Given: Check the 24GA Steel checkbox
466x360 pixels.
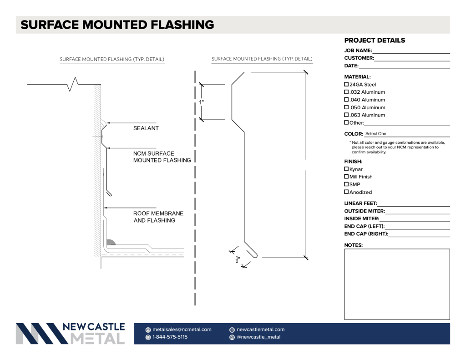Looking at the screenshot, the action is click(346, 85).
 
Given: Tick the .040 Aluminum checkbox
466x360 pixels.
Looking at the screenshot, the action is click(346, 100).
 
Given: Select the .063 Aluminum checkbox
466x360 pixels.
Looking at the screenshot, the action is click(346, 115).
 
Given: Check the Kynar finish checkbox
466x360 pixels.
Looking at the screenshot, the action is click(346, 169).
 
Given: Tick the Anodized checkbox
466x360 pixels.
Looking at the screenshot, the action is click(346, 192).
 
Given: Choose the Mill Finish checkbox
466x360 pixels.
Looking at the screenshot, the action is click(346, 177).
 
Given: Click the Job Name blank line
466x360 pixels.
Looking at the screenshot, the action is click(411, 53).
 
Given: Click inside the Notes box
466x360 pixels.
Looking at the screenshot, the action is click(397, 284).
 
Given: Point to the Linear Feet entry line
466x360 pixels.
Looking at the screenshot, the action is click(414, 206).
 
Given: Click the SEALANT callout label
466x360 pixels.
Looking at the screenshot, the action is click(146, 128).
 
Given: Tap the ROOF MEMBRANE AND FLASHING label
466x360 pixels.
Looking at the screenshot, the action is click(158, 217).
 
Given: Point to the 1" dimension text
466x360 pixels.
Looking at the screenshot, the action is click(201, 102).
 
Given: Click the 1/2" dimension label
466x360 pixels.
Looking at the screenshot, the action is click(238, 259).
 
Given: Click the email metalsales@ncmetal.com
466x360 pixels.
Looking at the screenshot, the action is click(182, 330).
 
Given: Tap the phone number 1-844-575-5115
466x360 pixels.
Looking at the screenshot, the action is click(170, 337).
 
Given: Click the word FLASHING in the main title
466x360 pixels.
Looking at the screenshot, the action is click(182, 25).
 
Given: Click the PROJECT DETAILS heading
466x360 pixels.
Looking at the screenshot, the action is click(375, 41).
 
